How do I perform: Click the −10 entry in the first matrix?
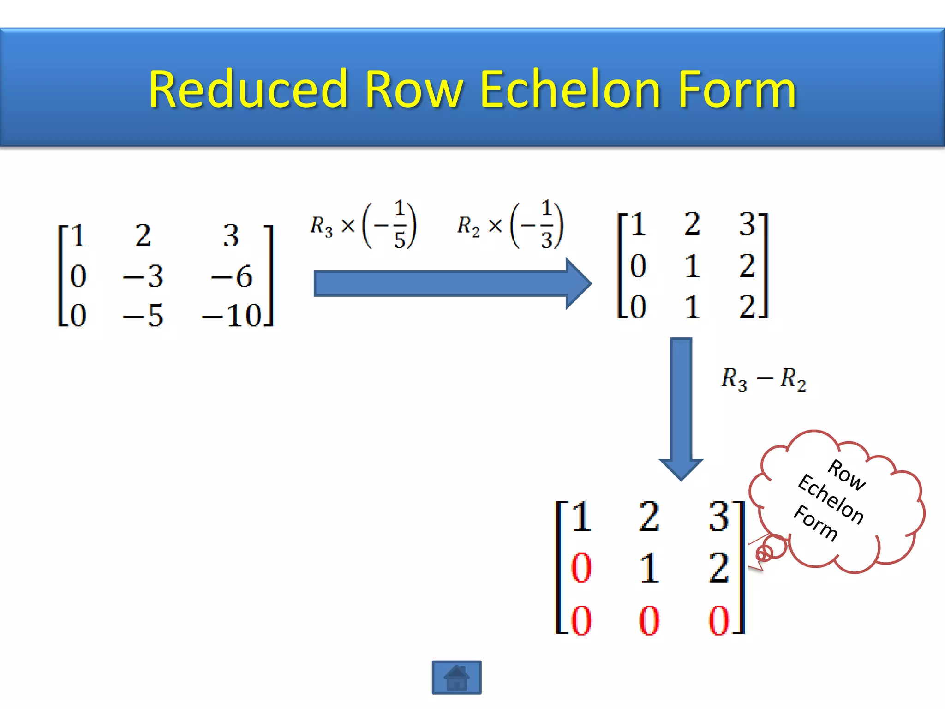232,316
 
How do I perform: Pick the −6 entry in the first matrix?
232,276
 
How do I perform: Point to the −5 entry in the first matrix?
144,316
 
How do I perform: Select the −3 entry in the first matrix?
144,276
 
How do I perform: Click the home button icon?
456,677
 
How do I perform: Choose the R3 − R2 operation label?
764,379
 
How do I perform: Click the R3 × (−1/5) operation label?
363,225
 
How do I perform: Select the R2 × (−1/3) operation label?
510,225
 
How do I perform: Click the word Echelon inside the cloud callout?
831,499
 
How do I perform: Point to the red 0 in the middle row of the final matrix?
581,567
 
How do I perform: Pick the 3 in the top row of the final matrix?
719,517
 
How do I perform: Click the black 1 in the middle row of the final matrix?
649,567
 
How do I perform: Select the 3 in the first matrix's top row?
231,235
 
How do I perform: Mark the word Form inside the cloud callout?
816,523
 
